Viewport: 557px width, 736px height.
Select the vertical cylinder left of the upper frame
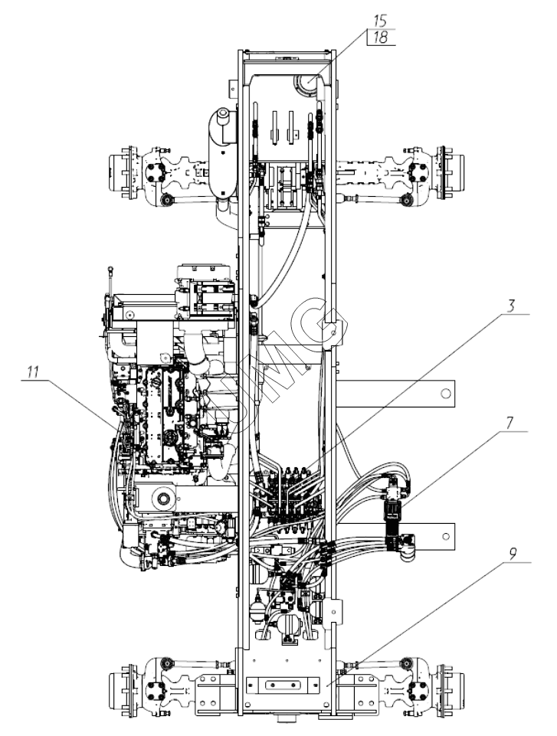(221, 153)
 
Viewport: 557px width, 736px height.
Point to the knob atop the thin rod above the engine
(110, 269)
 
